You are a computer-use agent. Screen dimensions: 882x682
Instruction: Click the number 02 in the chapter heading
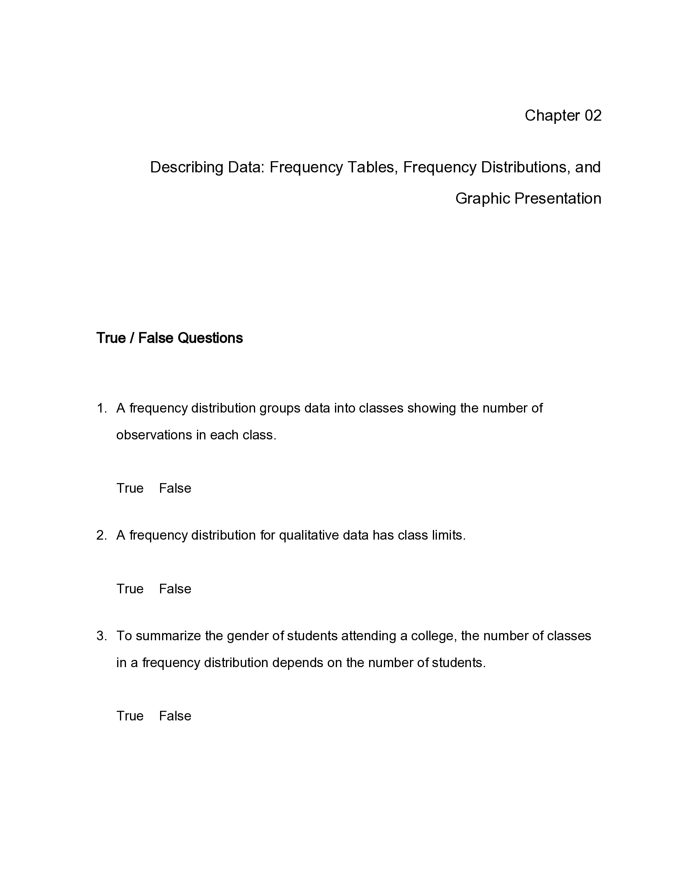tap(593, 115)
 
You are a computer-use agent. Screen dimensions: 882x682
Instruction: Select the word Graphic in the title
tap(482, 199)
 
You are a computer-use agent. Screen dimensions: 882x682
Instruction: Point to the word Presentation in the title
tap(558, 199)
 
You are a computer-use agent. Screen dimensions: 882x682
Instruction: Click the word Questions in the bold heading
tap(210, 338)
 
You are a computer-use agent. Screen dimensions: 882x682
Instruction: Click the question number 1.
tap(101, 408)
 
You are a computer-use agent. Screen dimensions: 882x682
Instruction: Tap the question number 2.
tap(101, 536)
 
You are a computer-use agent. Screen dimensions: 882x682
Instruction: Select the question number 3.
tap(101, 636)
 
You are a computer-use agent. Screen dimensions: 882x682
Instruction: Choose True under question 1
tap(130, 488)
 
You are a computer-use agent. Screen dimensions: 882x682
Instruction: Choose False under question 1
tap(175, 488)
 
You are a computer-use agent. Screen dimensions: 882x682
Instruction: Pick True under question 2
tap(130, 589)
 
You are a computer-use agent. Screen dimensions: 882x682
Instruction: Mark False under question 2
tap(175, 589)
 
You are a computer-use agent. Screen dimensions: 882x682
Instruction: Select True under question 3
tap(130, 716)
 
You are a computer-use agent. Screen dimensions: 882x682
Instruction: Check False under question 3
tap(175, 716)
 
